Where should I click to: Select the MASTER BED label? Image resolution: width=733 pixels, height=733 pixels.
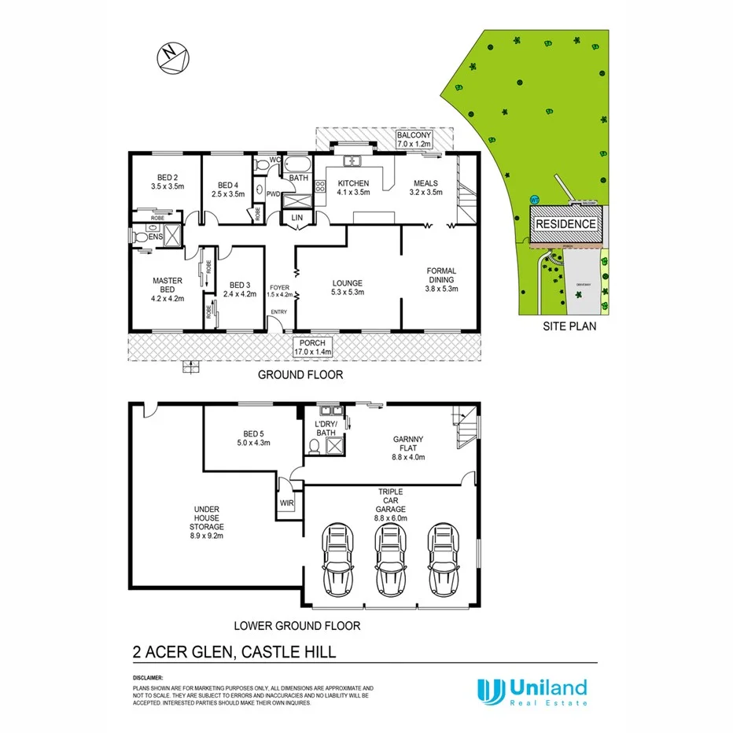point(168,289)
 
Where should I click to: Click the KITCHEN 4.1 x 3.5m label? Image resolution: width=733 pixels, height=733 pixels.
point(353,188)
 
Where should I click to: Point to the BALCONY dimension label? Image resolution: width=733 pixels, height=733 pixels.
point(415,140)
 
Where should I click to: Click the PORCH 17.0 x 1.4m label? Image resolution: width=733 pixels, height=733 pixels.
point(312,347)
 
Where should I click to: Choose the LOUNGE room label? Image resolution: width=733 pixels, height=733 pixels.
point(347,288)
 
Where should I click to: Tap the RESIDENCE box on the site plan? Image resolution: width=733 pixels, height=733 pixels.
point(565,224)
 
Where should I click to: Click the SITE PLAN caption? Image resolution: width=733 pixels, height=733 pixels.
point(569,325)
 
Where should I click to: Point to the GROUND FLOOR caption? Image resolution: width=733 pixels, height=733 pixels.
point(300,375)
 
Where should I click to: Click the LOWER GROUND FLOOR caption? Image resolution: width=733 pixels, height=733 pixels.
point(297,626)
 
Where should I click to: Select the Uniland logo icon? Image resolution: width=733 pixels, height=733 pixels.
point(490,690)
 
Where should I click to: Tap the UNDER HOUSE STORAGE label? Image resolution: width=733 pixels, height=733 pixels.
point(208,522)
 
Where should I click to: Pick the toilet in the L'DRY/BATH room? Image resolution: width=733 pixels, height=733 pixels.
point(314,447)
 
